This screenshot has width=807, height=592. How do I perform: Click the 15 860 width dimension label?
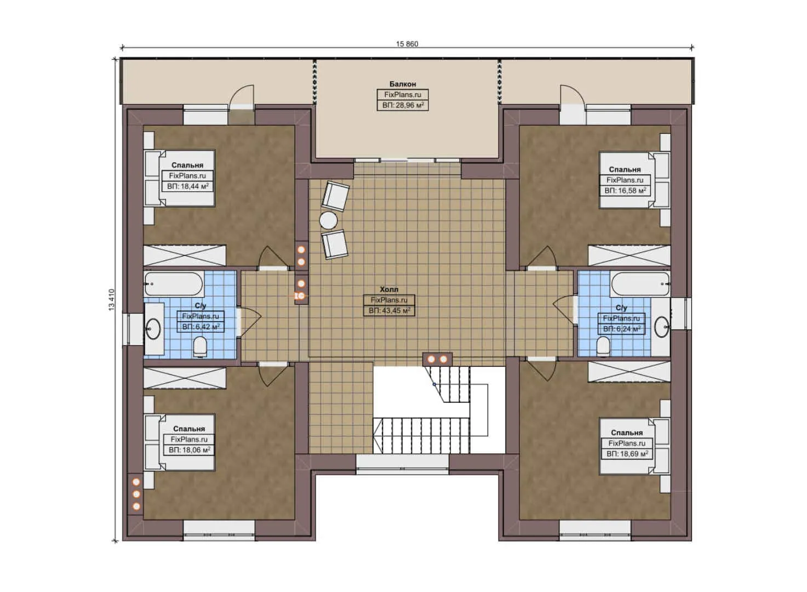[407, 44]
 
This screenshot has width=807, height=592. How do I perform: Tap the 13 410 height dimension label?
[111, 299]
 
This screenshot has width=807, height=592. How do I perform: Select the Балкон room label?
[403, 84]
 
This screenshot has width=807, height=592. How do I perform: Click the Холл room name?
[389, 289]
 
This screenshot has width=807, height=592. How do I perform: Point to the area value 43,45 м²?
[390, 310]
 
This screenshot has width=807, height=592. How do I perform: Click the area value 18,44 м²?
[188, 186]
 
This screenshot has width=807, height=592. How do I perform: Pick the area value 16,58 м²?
[625, 190]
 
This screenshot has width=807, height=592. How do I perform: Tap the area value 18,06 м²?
[190, 450]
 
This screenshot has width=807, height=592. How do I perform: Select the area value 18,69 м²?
[627, 453]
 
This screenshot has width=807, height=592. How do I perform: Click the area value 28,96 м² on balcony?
[403, 105]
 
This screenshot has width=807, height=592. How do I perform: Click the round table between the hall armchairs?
[328, 220]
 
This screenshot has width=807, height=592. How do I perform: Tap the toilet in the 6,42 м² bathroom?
[199, 346]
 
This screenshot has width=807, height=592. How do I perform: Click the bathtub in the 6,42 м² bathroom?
[174, 284]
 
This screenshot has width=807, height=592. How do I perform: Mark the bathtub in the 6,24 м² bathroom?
[640, 284]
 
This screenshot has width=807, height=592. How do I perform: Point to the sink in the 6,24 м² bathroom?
[661, 327]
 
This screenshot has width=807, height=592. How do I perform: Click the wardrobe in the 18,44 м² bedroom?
[185, 255]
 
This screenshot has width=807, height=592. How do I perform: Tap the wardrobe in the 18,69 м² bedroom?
[629, 372]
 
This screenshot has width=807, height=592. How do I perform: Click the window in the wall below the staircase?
[403, 463]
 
